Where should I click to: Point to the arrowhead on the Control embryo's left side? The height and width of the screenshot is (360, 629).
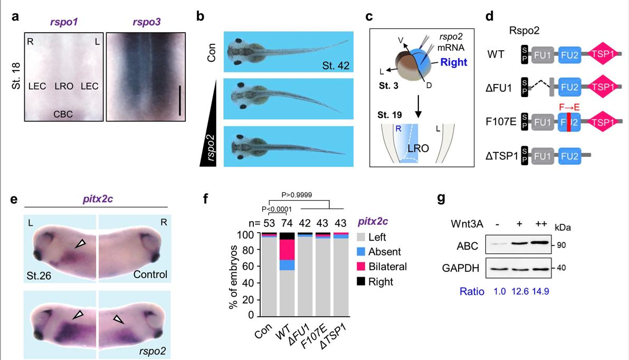click(x=80, y=243)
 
